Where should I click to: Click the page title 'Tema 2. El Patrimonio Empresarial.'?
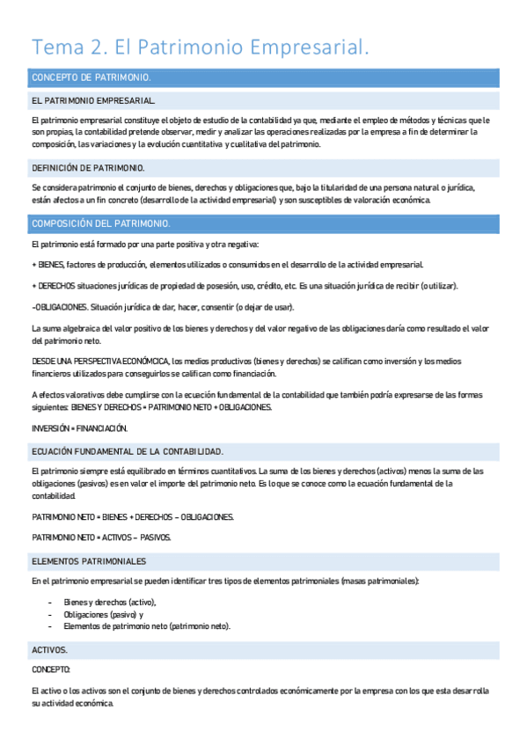click(x=200, y=46)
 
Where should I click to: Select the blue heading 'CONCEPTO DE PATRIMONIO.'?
click(x=91, y=77)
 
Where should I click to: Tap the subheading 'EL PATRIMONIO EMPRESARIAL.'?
click(x=93, y=101)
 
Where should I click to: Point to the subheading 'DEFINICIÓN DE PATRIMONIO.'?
click(x=88, y=167)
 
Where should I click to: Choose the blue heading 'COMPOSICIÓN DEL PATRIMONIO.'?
click(x=100, y=223)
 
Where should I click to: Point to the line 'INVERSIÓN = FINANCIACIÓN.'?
click(x=79, y=428)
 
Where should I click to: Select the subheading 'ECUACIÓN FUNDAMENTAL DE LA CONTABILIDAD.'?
click(x=128, y=451)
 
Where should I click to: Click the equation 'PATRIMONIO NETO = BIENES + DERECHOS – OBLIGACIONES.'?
click(x=133, y=516)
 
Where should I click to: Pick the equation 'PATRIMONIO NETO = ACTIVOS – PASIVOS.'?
click(x=101, y=537)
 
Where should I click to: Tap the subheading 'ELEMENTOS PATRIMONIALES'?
click(x=89, y=560)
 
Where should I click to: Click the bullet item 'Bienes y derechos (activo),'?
click(x=110, y=602)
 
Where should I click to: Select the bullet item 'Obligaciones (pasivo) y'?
click(x=104, y=614)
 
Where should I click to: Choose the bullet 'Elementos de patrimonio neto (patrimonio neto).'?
click(x=146, y=626)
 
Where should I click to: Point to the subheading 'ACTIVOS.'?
click(x=49, y=649)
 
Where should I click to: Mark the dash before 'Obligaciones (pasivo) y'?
click(x=49, y=614)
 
